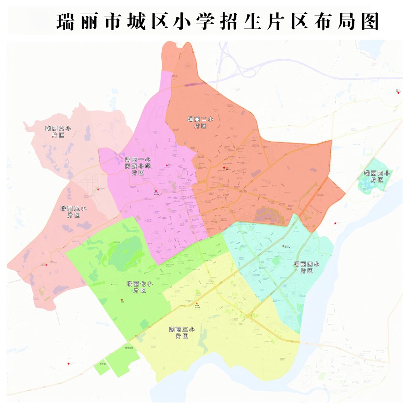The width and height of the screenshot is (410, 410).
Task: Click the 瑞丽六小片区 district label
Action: tap(58, 132)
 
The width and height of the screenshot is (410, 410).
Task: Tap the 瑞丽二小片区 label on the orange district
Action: tap(197, 122)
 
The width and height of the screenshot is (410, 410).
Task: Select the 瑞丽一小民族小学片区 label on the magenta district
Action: tap(138, 166)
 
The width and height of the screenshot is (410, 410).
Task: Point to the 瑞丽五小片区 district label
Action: tap(73, 211)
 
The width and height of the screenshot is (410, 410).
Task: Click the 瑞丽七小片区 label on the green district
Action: tap(139, 287)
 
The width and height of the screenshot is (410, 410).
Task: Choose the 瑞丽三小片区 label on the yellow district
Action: tap(182, 333)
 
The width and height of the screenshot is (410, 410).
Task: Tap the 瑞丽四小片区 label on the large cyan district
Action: tap(307, 267)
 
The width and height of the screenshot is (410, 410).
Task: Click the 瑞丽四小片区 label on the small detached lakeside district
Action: tap(377, 176)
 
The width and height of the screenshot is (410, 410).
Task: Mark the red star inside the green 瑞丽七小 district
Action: tap(122, 299)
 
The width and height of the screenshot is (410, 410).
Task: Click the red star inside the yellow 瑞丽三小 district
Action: tap(197, 303)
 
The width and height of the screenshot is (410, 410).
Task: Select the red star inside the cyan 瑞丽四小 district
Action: tap(283, 246)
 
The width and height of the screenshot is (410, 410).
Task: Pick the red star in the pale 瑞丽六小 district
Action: tap(98, 189)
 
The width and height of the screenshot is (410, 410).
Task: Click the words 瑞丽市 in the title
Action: tap(87, 22)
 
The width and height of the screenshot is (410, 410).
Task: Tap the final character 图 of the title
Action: tap(369, 22)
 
